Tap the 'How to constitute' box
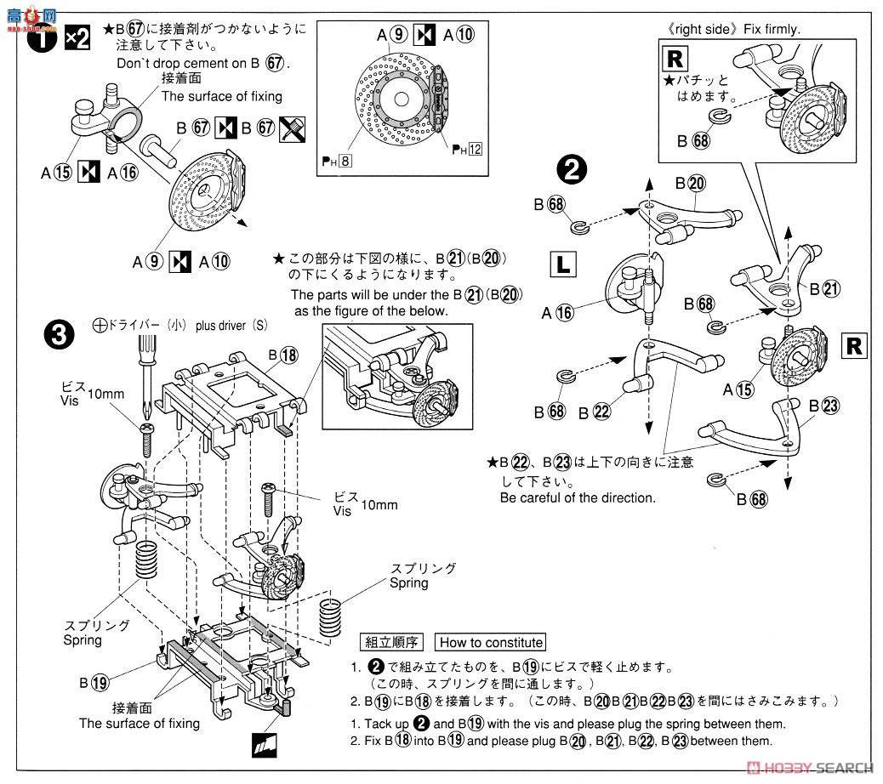coord(489,643)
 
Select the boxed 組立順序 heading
coord(391,643)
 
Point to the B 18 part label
coord(283,355)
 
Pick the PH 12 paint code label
coord(468,150)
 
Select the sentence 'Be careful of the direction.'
coord(578,497)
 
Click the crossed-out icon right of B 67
coord(292,128)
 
